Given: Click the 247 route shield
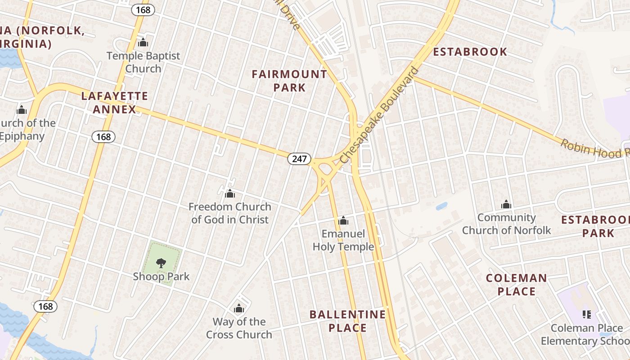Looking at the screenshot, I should tap(299, 158).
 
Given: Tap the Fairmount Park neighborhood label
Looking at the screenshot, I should tap(289, 81).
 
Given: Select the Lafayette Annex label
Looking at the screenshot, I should tap(114, 103).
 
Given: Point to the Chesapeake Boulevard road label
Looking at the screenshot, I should tap(379, 116).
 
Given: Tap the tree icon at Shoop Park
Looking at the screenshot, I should tap(161, 263).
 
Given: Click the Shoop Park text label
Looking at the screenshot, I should tap(161, 276).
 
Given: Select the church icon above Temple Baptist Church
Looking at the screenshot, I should tap(143, 43).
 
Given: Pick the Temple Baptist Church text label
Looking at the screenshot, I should tap(143, 62).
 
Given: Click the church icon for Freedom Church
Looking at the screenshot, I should tap(230, 194).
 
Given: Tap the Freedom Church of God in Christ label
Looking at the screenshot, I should tap(230, 213).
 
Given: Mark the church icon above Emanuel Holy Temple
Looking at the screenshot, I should tap(343, 220).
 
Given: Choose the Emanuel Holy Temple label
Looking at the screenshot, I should tap(343, 240).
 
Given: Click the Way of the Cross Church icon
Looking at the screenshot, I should tap(239, 309).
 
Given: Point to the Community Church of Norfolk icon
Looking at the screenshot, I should tap(506, 204).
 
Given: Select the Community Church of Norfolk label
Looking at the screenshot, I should tap(506, 224).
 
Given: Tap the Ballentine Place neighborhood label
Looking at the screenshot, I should tap(347, 321).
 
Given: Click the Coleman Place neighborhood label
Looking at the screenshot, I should tap(517, 284).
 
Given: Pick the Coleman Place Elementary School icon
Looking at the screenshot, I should tap(587, 314).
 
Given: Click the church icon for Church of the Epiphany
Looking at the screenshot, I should tap(22, 110).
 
